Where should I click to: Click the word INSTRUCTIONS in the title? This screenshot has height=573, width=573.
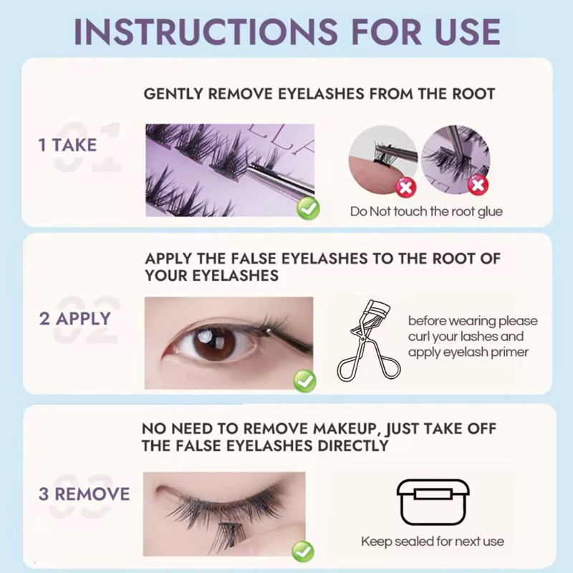(206, 32)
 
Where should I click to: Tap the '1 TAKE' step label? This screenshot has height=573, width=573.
(67, 145)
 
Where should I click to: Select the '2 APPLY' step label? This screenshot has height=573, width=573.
(75, 319)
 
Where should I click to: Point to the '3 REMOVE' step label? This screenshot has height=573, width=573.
(84, 494)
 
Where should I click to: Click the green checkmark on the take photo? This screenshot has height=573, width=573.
(309, 208)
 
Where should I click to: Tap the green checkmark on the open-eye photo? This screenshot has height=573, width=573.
(305, 381)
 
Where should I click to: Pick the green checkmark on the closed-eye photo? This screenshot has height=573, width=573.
(303, 552)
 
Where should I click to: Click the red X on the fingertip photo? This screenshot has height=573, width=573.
(406, 188)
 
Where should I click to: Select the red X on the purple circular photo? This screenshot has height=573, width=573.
(478, 185)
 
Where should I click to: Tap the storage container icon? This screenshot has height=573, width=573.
(433, 503)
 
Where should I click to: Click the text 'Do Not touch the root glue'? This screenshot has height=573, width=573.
(426, 211)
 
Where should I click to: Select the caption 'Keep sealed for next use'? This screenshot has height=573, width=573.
(433, 541)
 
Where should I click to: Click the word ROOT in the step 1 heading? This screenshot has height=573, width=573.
(473, 94)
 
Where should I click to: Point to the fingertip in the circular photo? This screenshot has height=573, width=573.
(369, 169)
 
